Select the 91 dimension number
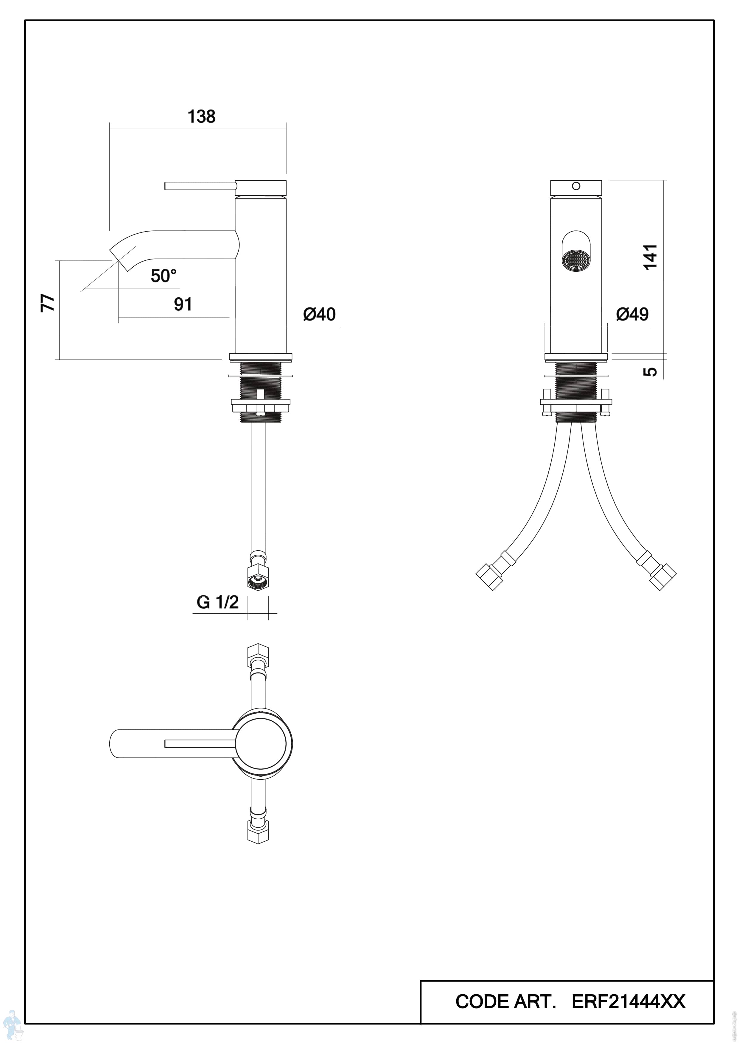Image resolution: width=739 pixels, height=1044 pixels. click(x=183, y=304)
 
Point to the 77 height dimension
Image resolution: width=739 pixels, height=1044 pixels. click(x=48, y=303)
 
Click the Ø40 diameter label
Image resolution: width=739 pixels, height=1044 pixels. click(x=319, y=314)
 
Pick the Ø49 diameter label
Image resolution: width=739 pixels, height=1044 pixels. click(x=633, y=314)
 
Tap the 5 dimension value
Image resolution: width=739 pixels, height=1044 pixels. click(x=651, y=371)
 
